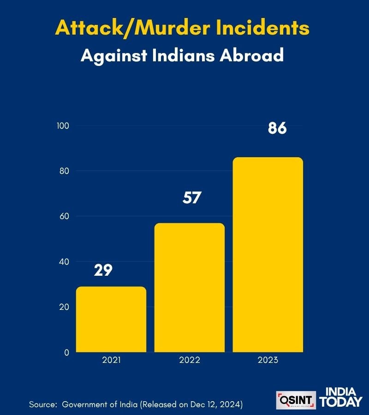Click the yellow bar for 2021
point(111,319)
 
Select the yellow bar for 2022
point(190,288)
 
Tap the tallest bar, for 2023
point(268,255)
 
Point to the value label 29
point(103,270)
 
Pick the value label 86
point(277,128)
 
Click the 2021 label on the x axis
point(111,360)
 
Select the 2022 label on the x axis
point(190,360)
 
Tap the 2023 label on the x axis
point(268,360)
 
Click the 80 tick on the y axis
point(64,171)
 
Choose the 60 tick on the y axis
point(64,216)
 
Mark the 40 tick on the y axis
point(64,262)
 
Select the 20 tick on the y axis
point(64,307)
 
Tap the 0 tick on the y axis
point(66,352)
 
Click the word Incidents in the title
point(262,28)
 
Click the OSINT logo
point(296,400)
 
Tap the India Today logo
point(341,397)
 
